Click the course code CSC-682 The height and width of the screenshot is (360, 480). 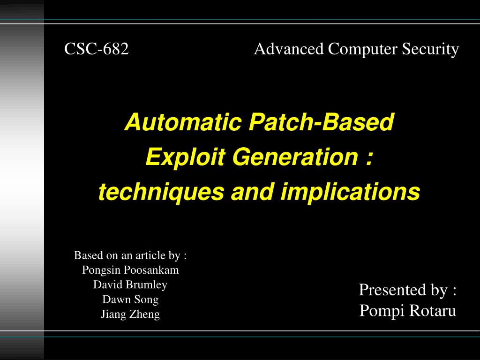click(x=97, y=49)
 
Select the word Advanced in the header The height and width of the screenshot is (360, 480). click(x=289, y=49)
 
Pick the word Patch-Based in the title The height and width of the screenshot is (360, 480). click(x=321, y=122)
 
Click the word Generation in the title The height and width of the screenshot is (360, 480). click(x=295, y=157)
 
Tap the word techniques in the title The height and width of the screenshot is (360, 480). click(x=161, y=192)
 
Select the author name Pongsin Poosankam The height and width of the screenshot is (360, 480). click(x=130, y=270)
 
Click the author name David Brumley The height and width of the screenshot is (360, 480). click(x=130, y=285)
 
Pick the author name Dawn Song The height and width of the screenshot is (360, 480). click(x=130, y=300)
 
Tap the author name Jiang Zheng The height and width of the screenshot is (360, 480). click(x=130, y=314)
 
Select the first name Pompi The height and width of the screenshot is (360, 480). click(x=382, y=311)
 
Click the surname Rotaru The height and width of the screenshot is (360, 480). click(x=433, y=310)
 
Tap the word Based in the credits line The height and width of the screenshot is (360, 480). click(x=87, y=255)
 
